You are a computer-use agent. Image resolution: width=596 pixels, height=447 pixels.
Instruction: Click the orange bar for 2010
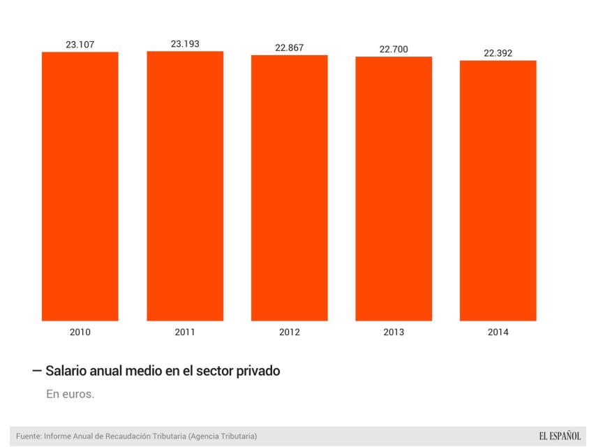(80, 186)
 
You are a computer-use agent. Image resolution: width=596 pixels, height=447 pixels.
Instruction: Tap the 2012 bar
(289, 188)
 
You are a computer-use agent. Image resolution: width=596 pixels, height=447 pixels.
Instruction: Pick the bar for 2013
(394, 189)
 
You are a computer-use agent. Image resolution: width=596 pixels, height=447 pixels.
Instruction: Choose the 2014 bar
(498, 191)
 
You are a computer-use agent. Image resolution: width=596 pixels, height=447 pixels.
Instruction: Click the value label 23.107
(80, 45)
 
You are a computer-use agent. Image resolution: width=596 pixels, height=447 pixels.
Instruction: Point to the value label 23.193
(185, 44)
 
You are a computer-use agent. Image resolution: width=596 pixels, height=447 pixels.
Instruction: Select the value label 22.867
(289, 48)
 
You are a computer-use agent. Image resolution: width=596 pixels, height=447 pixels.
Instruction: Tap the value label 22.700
(394, 49)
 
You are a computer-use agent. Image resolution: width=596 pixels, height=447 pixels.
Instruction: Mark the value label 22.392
(498, 53)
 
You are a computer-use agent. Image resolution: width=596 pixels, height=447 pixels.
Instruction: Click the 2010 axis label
(80, 332)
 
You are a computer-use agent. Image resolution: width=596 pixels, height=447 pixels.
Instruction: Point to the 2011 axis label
(185, 332)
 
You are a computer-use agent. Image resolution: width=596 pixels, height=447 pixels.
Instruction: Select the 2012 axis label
(289, 332)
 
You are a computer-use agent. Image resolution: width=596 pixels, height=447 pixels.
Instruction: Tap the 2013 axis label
(394, 332)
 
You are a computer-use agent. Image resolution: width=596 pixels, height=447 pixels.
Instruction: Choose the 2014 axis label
(498, 332)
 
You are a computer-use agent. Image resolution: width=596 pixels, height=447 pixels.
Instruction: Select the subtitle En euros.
(70, 395)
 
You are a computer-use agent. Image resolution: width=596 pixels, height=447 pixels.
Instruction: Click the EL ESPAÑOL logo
(559, 437)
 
